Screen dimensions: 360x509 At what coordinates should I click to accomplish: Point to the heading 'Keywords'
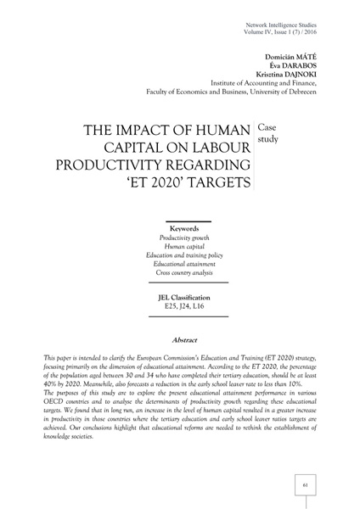[184, 229]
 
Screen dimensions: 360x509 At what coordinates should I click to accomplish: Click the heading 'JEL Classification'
[184, 298]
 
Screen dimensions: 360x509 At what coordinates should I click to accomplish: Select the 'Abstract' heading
[184, 338]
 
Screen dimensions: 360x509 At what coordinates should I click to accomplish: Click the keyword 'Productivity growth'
[184, 239]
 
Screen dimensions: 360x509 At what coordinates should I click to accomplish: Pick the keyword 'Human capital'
[184, 249]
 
